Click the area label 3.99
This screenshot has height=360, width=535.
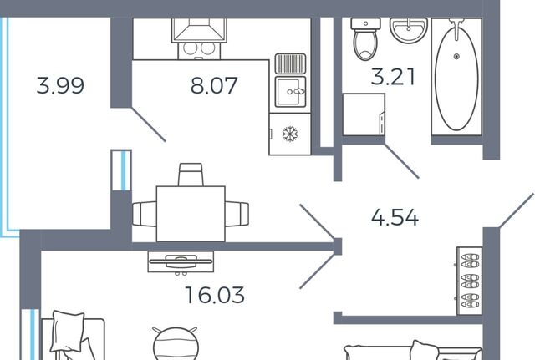coord(60,85)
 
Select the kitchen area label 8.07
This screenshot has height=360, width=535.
coord(214,85)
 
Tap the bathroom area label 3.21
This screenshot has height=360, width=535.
coord(393,76)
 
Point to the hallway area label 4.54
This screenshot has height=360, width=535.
coord(395,217)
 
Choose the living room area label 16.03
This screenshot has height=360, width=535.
coord(215,295)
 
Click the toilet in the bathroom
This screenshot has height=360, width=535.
coord(366,39)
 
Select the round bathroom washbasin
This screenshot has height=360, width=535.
coord(409,30)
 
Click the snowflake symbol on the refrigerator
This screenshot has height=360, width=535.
coord(290,134)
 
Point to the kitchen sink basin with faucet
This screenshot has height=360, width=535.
coord(290,92)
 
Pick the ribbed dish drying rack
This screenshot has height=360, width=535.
coord(290,63)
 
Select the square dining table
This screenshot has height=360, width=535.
coord(191,214)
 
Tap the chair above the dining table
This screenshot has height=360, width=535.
coord(191,175)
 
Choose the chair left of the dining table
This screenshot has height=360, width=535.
coord(145,214)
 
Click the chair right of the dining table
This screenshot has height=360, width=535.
coord(237,214)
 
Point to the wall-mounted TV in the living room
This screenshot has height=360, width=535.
coord(181,261)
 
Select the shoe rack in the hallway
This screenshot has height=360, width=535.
coord(470,281)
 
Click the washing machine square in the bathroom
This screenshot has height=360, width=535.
coord(364,114)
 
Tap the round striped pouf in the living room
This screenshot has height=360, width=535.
coord(176,344)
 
